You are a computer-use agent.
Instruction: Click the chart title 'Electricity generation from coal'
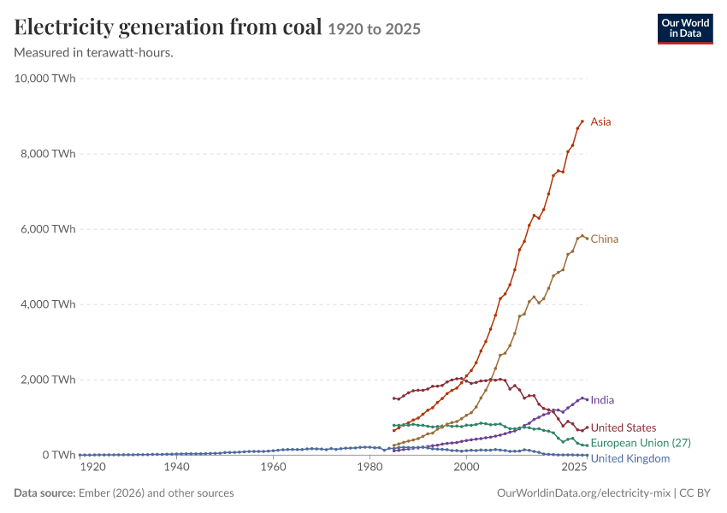click(168, 27)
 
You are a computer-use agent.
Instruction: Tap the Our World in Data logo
click(685, 29)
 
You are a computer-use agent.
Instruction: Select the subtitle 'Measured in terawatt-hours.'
click(94, 53)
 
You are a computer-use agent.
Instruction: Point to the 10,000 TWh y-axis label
click(44, 79)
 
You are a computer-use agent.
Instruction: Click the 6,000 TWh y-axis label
click(48, 229)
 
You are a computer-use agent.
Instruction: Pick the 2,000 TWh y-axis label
click(48, 380)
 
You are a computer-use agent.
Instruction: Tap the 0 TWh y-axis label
click(59, 455)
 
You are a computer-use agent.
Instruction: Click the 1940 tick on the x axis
click(177, 467)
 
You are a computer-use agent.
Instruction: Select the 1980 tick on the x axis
click(370, 467)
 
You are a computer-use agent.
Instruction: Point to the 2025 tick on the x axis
click(574, 467)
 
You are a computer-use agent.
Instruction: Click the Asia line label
click(601, 122)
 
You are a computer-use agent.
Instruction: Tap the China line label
click(605, 239)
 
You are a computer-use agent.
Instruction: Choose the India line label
click(602, 400)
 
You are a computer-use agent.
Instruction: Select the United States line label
click(624, 427)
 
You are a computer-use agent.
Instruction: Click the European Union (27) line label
click(641, 443)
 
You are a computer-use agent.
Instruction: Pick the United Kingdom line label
click(630, 459)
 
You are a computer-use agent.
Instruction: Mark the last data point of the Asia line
click(582, 121)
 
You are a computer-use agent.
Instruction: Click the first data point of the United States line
click(393, 398)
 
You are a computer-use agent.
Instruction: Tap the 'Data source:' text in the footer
click(44, 493)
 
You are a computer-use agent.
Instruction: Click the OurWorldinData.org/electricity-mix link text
click(583, 493)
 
